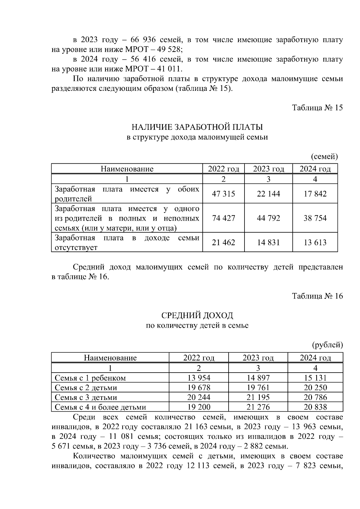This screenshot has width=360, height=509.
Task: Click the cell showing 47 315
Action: pos(223,194)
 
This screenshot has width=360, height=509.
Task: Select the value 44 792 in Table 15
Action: pos(268,218)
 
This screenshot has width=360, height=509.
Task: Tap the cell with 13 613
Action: pos(315,242)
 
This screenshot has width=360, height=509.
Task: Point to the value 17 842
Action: pos(315,194)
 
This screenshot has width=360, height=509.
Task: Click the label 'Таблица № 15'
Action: pos(317,108)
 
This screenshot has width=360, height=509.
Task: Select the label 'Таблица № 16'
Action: pos(317,296)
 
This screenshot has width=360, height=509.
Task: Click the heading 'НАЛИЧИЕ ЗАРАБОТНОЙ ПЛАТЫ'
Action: pos(197,127)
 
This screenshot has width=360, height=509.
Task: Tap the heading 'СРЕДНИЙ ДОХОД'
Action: pos(197,315)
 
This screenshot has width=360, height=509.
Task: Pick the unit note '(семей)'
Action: pos(324,156)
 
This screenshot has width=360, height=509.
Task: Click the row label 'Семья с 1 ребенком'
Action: pos(90,378)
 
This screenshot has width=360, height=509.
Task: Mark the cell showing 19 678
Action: pos(199,388)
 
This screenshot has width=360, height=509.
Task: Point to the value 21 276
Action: pos(258,407)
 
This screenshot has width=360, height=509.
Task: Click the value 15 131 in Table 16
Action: pos(315,378)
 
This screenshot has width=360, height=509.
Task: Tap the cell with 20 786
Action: pos(315,397)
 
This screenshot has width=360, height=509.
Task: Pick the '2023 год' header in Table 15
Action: pos(268,169)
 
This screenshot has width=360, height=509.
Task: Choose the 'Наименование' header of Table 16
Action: pos(110,358)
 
